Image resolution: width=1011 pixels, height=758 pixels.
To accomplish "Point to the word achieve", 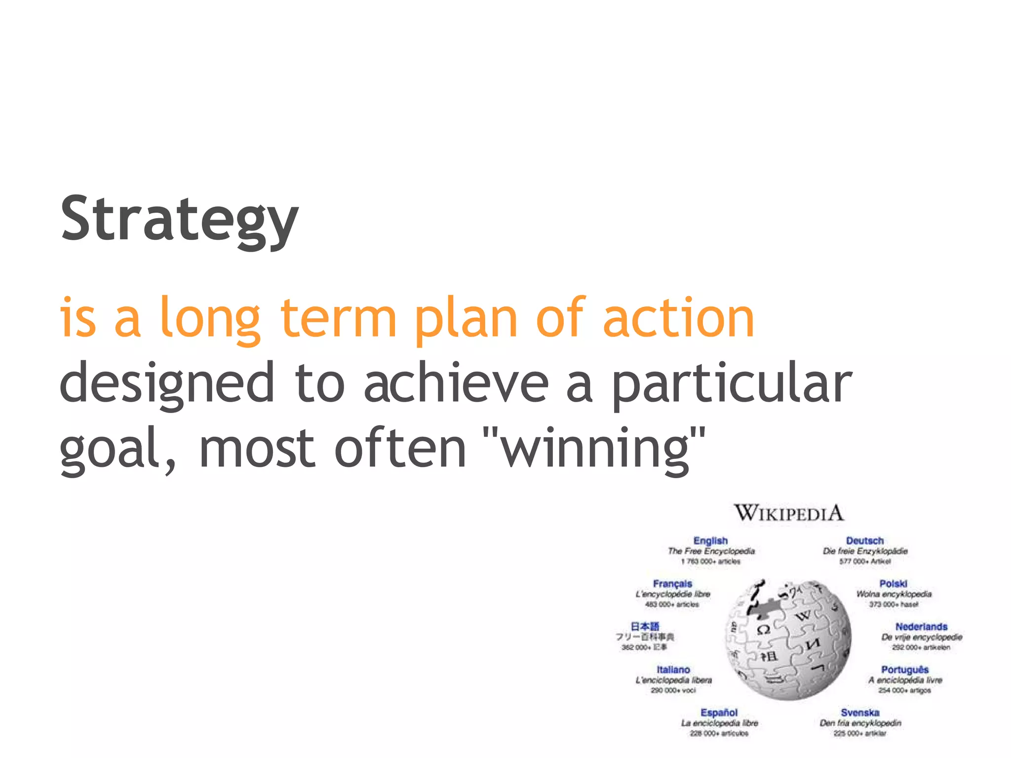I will pyautogui.click(x=456, y=382).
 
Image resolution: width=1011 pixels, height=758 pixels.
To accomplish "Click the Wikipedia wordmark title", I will pyautogui.click(x=788, y=513).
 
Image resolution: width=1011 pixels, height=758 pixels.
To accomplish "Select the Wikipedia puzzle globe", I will pyautogui.click(x=788, y=640).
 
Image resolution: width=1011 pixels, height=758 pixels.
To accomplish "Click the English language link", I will pyautogui.click(x=710, y=541).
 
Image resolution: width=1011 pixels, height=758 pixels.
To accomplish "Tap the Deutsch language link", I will pyautogui.click(x=864, y=541).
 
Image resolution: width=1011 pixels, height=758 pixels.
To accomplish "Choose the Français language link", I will pyautogui.click(x=672, y=584).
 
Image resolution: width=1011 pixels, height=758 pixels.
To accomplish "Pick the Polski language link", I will pyautogui.click(x=893, y=584).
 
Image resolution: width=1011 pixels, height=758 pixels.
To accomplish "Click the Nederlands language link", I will pyautogui.click(x=921, y=627).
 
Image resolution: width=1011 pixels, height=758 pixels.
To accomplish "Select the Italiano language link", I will pyautogui.click(x=673, y=670).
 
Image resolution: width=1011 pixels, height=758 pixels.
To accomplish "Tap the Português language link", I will pyautogui.click(x=905, y=670).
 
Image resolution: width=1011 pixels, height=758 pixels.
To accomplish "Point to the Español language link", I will pyautogui.click(x=719, y=713).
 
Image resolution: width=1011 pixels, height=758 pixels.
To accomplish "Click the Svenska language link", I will pyautogui.click(x=860, y=713).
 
